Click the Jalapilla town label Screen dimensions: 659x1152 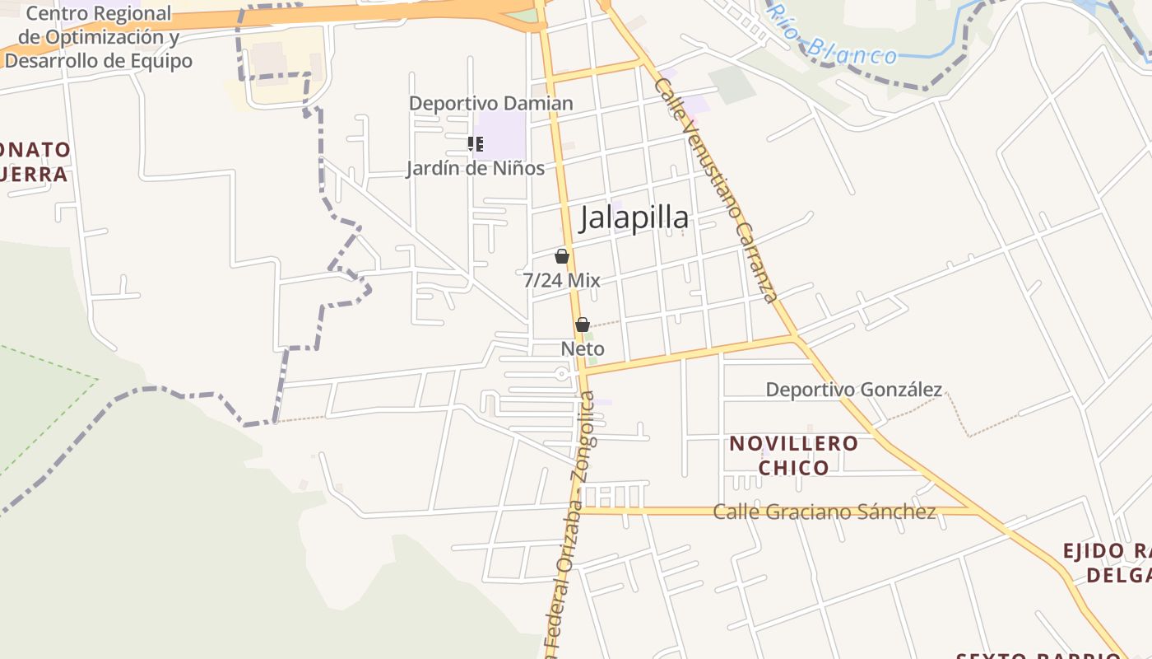(x=634, y=218)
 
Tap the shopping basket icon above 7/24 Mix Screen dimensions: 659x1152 (x=562, y=256)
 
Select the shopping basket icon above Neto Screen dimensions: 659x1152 (x=583, y=325)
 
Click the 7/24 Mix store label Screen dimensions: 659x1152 (x=562, y=280)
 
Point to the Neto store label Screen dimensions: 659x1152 (x=583, y=348)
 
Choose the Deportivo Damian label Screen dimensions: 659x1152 (x=491, y=104)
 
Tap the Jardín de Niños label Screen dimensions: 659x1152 (x=476, y=169)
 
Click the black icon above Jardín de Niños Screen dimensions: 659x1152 (x=475, y=144)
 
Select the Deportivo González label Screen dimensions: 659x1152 (x=854, y=390)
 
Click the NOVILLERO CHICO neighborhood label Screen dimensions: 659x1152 (x=794, y=456)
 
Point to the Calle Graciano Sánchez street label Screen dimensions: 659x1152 (x=825, y=512)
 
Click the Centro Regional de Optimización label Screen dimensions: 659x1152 (x=99, y=37)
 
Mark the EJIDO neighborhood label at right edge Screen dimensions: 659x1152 (x=1107, y=563)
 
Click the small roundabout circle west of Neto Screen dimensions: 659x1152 (x=563, y=375)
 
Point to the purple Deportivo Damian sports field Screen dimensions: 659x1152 (x=503, y=136)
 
